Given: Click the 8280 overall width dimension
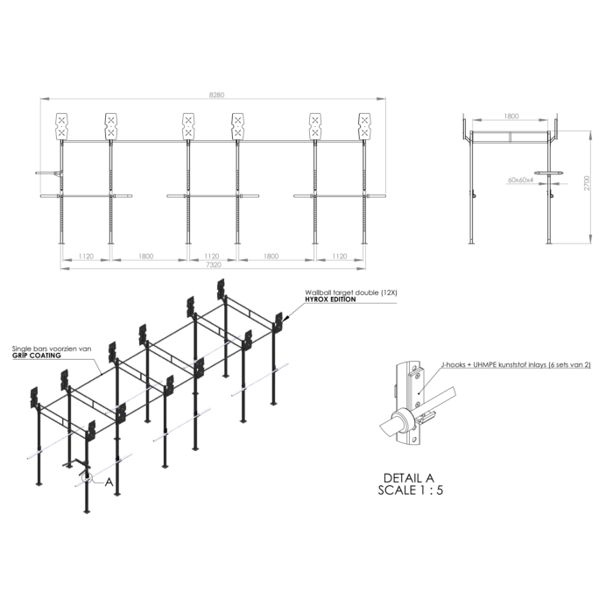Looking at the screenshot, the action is coord(216,95).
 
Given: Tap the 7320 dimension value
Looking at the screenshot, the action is coord(214,264).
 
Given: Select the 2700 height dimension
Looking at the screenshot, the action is coord(587,183).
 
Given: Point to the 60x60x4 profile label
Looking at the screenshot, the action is coord(520,180).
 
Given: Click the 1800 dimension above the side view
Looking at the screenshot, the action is coord(511,116).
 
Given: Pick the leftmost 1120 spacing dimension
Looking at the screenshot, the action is coord(86,256).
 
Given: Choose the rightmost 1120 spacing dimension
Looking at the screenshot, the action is coord(340,256).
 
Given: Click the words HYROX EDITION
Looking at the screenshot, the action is coord(330,299).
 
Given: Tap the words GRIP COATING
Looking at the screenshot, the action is coord(37,356).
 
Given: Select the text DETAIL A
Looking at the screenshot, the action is coord(409,478).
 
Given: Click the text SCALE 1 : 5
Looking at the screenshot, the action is coord(411,490).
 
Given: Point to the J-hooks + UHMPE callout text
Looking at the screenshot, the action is coord(516,365).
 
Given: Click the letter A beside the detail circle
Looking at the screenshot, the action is coord(109,482).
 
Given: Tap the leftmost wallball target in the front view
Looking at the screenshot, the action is coord(62,126).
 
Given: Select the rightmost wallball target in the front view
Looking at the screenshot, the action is coord(365,126).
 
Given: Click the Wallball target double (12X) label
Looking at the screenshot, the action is coord(351,292).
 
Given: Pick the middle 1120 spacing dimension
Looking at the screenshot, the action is coord(212,256).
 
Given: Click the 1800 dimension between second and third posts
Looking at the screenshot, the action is coord(145,256).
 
